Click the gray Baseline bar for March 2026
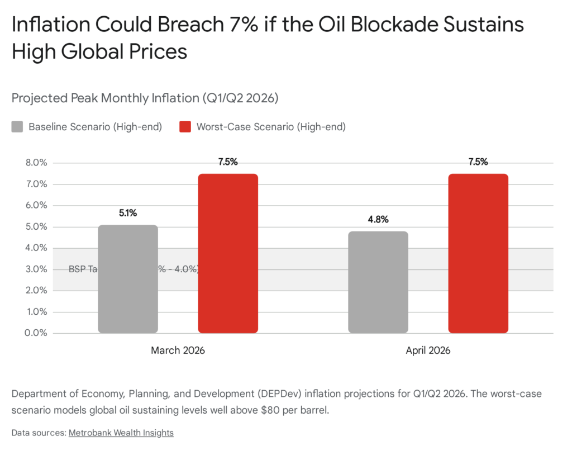click(128, 279)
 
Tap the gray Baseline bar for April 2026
click(378, 282)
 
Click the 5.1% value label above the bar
click(128, 213)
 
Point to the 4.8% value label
click(378, 220)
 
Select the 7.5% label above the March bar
click(228, 162)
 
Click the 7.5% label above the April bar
click(478, 162)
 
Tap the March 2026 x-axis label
click(178, 350)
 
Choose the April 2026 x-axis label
click(428, 350)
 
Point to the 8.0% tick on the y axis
click(35, 163)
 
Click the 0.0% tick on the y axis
click(35, 333)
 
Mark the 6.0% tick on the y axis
click(35, 206)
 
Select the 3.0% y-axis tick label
click(35, 269)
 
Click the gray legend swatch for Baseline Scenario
click(18, 127)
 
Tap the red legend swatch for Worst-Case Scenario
click(185, 127)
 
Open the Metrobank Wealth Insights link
click(121, 433)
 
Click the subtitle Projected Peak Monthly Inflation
click(145, 98)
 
